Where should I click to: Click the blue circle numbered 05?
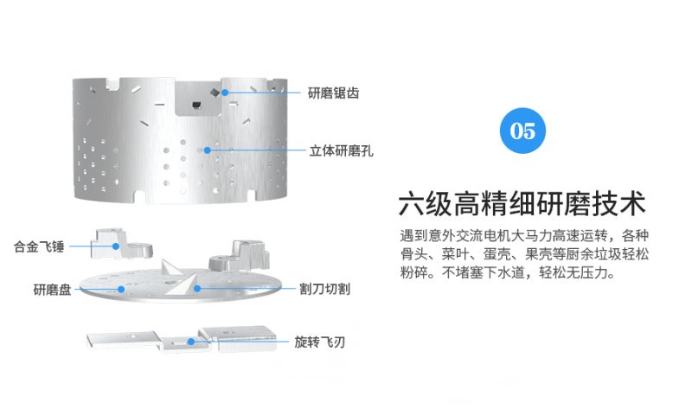[522, 131]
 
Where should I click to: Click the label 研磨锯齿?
[333, 93]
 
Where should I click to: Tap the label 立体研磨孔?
[341, 150]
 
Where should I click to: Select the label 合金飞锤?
[39, 246]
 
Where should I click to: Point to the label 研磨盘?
[52, 290]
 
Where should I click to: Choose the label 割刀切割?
[325, 289]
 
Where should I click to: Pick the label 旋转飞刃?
[319, 342]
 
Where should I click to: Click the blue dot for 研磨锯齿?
[225, 93]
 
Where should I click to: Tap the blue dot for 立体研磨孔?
[207, 150]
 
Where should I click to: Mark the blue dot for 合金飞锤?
[116, 246]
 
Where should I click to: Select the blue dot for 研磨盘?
[120, 290]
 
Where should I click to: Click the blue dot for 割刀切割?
[197, 289]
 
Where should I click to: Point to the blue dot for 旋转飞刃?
[191, 342]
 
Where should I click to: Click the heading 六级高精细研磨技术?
[522, 203]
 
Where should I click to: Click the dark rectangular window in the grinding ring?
[196, 105]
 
